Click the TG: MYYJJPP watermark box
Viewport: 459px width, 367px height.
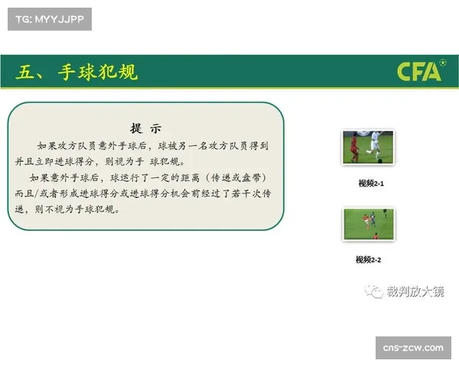(49, 18)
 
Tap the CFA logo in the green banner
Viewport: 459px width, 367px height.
(419, 72)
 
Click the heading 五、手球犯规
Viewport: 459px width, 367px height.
(76, 73)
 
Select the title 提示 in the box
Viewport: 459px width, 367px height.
(145, 128)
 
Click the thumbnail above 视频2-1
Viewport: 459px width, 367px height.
(368, 148)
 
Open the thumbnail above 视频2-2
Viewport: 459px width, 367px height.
(368, 225)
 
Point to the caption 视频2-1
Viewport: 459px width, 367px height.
(371, 183)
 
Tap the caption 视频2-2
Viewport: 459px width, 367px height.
(368, 260)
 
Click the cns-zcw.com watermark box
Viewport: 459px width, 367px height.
(413, 348)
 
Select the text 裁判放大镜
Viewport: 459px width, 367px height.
(415, 292)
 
